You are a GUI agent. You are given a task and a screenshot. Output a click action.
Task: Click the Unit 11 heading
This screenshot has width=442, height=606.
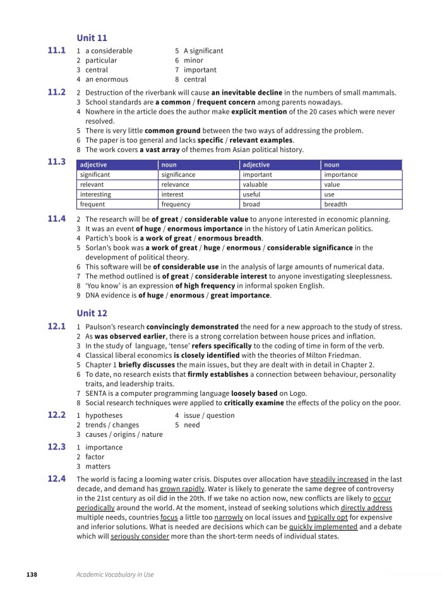[x=92, y=39]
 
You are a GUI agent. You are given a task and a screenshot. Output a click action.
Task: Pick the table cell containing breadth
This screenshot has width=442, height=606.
[x=335, y=205]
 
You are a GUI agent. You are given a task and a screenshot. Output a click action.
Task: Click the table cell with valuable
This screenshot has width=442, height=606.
[x=256, y=184]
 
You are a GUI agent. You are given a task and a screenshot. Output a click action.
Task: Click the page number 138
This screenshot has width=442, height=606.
[x=32, y=574]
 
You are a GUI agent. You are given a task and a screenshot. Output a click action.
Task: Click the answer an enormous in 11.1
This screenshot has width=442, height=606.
[x=107, y=80]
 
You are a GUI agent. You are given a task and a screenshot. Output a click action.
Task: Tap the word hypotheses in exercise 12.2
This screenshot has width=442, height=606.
[x=104, y=415]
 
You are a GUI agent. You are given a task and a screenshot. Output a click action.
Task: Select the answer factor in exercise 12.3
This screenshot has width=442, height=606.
[x=95, y=457]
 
